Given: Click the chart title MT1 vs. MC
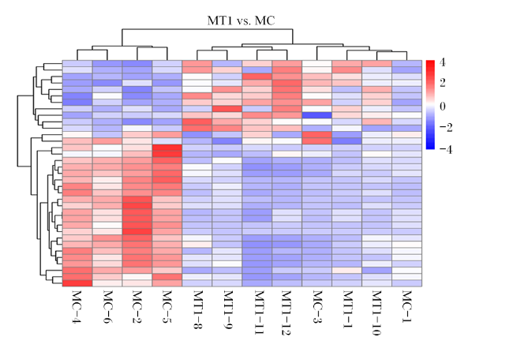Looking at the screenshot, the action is click(242, 21).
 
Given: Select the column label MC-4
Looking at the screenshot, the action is click(77, 307).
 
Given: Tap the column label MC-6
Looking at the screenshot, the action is click(107, 307).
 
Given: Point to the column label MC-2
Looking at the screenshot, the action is click(137, 307).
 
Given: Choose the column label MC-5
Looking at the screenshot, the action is click(167, 307).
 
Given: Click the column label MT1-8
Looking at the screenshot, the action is click(197, 309).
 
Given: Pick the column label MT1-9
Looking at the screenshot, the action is click(227, 309).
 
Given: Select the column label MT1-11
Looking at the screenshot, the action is click(257, 312).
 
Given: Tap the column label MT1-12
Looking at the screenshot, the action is click(287, 312).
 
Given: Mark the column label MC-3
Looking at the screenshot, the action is click(316, 307).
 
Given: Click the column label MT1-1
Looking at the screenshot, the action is click(346, 309).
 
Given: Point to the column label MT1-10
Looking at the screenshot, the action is click(377, 312).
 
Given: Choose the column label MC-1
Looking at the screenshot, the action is click(406, 307).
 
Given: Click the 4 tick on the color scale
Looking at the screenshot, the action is click(442, 62).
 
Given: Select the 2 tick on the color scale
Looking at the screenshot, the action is click(442, 83).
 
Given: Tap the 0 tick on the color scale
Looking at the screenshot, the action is click(442, 107).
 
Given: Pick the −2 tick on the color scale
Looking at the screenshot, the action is click(446, 127).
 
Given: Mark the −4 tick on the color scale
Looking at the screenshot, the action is click(446, 149).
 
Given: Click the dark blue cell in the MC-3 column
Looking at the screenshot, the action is click(316, 115).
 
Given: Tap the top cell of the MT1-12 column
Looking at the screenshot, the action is click(287, 63).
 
